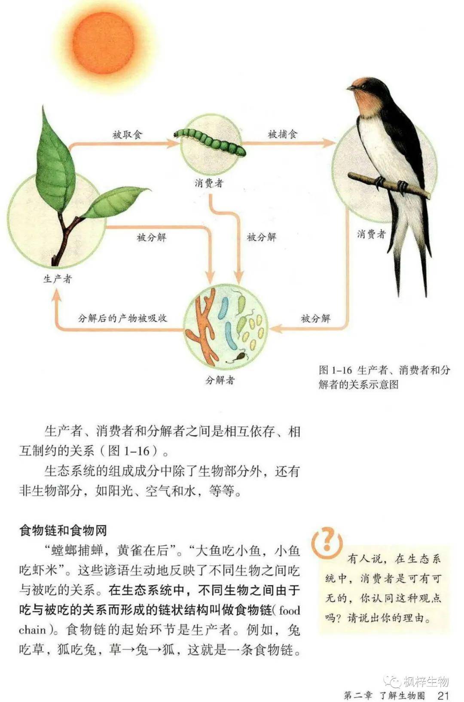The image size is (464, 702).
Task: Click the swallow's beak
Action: click(x=350, y=88)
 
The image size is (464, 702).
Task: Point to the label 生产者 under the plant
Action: click(x=58, y=279)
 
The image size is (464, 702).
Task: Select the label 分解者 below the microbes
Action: click(x=220, y=380)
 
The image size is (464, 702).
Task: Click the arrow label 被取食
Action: click(x=127, y=134)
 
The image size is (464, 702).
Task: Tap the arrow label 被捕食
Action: click(x=282, y=134)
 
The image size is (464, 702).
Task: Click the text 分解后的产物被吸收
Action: click(x=122, y=318)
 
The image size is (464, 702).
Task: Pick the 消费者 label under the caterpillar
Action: click(x=209, y=183)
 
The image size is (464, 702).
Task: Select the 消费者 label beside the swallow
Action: click(x=371, y=234)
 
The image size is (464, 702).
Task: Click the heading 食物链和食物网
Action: click(x=63, y=530)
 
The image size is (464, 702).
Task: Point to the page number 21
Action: click(x=443, y=693)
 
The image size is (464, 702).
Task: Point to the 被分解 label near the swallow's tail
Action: click(x=316, y=318)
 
